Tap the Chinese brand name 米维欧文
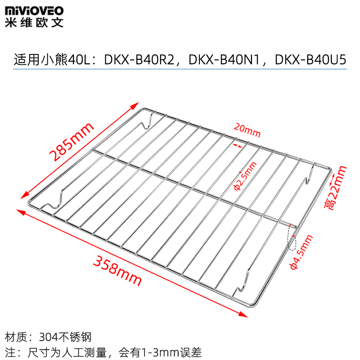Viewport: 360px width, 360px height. pos(34,22)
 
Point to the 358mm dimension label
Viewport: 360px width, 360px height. pos(117,270)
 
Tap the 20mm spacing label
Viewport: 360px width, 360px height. pos(247,133)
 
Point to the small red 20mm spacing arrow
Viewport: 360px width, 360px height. pos(238,145)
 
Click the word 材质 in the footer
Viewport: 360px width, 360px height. pos(17,337)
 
